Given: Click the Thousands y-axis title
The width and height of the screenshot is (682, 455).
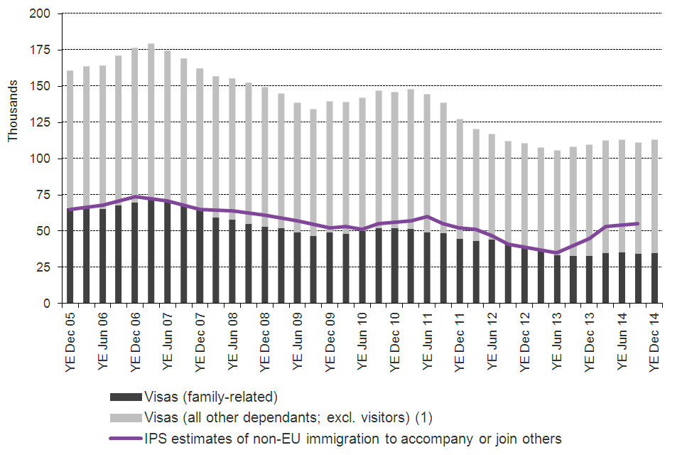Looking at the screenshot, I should click(x=13, y=109).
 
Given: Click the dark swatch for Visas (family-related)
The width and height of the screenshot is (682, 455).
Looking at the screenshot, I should click(x=124, y=397).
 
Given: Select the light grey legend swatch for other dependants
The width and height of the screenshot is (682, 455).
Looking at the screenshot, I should click(x=124, y=417).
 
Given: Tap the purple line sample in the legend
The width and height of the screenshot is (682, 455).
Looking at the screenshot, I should click(x=124, y=439).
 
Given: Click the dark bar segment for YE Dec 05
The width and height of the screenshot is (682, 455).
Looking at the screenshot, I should click(x=70, y=256).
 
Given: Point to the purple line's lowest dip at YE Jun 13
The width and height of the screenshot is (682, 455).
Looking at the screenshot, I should click(x=557, y=252).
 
